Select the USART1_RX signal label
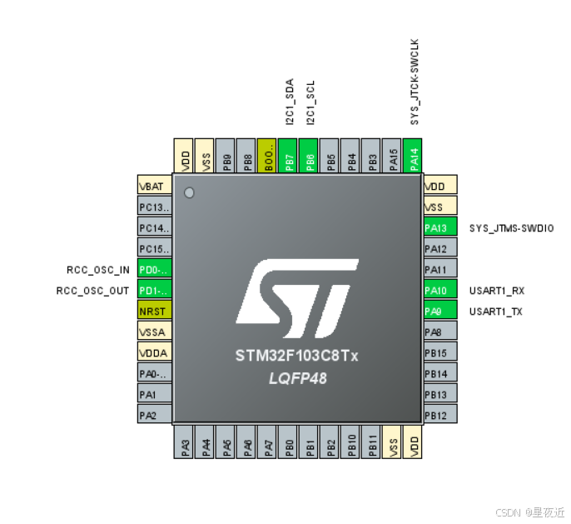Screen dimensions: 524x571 pyautogui.click(x=497, y=291)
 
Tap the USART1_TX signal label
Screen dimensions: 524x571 pyautogui.click(x=497, y=312)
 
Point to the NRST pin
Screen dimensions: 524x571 pyautogui.click(x=154, y=311)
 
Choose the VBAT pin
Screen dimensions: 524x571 pyautogui.click(x=154, y=186)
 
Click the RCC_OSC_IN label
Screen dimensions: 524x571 pyautogui.click(x=98, y=269)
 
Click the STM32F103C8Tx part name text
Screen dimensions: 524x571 pyautogui.click(x=296, y=356)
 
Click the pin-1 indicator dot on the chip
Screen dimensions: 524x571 pyautogui.click(x=188, y=193)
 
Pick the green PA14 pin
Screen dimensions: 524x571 pyautogui.click(x=414, y=156)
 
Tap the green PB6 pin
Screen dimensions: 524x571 pyautogui.click(x=310, y=156)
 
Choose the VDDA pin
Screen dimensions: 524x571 pyautogui.click(x=154, y=352)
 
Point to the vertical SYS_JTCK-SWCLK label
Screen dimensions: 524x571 pyautogui.click(x=414, y=81)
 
